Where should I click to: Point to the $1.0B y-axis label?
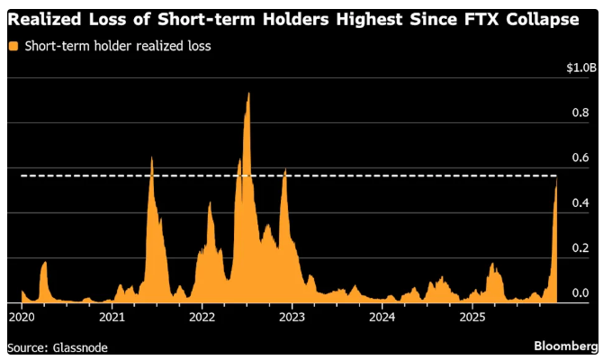pos(580,67)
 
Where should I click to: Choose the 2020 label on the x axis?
pos(22,317)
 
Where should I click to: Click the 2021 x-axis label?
pos(112,317)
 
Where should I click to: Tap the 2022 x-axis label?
pos(202,317)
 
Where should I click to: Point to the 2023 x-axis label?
pos(292,317)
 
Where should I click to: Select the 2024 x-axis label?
pos(382,317)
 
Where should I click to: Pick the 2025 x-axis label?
pos(472,317)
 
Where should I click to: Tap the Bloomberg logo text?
pos(565,346)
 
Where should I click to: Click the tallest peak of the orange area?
pos(248,93)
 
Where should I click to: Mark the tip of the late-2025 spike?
pos(556,179)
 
